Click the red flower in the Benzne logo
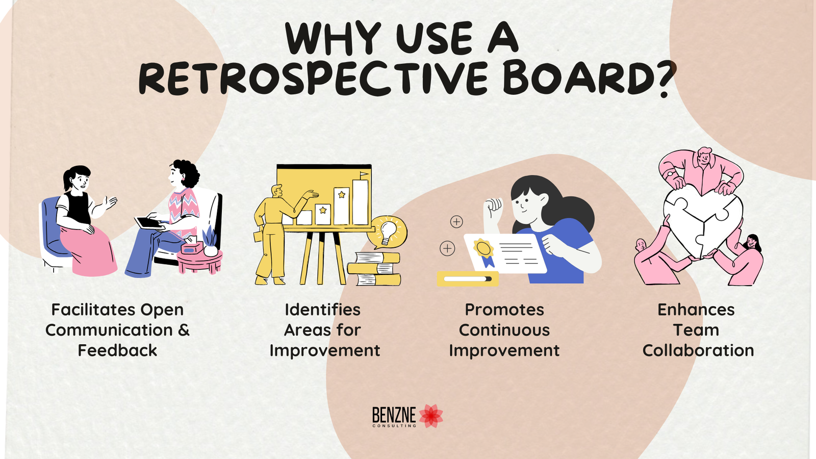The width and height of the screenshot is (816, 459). click(x=431, y=416)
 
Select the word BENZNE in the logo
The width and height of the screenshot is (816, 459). click(x=394, y=415)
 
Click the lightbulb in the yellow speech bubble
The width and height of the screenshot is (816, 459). click(x=388, y=233)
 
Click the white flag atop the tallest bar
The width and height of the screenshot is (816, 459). click(x=364, y=175)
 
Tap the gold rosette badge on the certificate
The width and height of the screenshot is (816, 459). click(x=484, y=249)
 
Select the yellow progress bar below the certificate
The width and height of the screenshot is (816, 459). click(x=468, y=279)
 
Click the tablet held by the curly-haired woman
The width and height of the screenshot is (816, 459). click(x=149, y=223)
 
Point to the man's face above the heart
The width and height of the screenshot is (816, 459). click(x=704, y=158)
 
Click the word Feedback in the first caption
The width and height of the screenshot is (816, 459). click(x=117, y=350)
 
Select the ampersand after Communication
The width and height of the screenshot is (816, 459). click(x=184, y=330)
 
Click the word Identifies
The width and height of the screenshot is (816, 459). click(x=322, y=310)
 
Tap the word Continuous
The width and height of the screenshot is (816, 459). click(x=504, y=330)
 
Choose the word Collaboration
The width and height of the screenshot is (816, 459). click(x=698, y=350)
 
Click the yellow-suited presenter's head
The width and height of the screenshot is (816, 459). click(x=277, y=191)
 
